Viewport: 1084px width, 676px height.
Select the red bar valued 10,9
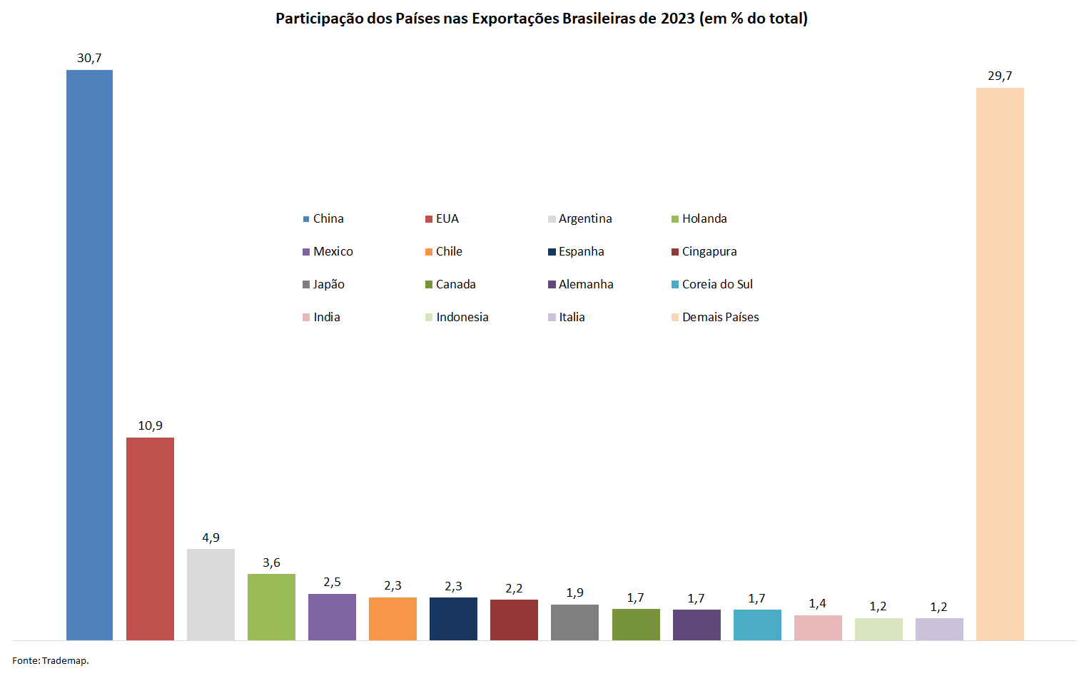pyautogui.click(x=150, y=539)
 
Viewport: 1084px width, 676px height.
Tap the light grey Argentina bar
pyautogui.click(x=211, y=595)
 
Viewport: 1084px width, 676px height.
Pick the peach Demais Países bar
pyautogui.click(x=1000, y=364)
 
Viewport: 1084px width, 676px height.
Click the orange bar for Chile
pyautogui.click(x=392, y=619)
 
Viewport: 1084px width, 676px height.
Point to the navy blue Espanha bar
pyautogui.click(x=453, y=619)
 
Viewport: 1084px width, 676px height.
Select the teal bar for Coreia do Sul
pyautogui.click(x=757, y=625)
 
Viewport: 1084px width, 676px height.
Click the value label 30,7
pyautogui.click(x=89, y=58)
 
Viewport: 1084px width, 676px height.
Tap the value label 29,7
pyautogui.click(x=1000, y=76)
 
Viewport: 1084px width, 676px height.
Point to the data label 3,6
pyautogui.click(x=271, y=563)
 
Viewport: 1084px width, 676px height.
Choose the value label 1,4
pyautogui.click(x=817, y=604)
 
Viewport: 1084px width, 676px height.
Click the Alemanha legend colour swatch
pyautogui.click(x=552, y=285)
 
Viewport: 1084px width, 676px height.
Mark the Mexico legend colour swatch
pyautogui.click(x=306, y=252)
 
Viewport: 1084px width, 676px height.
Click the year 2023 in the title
pyautogui.click(x=677, y=19)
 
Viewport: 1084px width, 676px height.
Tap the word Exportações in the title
pyautogui.click(x=515, y=19)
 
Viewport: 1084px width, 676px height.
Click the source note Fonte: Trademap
pyautogui.click(x=51, y=661)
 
